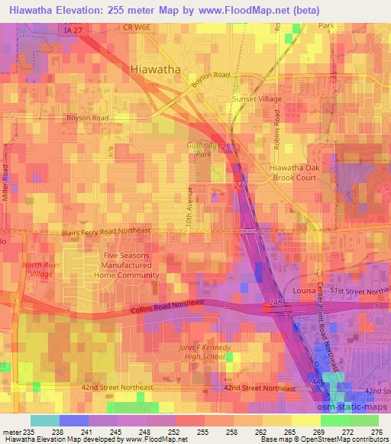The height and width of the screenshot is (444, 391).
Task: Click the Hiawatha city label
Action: click(155, 69)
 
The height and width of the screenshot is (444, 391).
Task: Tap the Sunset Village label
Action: click(257, 99)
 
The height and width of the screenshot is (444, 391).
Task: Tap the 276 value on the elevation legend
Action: click(373, 433)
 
